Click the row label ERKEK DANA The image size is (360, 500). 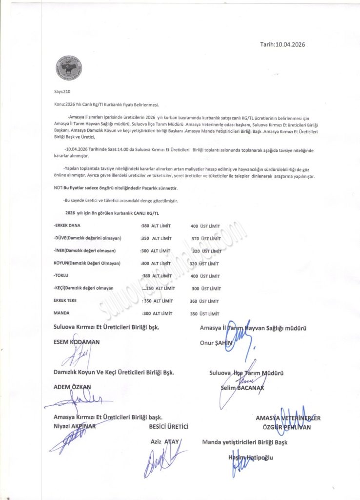click(67, 226)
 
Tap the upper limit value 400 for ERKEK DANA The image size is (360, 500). click(195, 226)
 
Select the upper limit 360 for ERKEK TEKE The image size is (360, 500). click(194, 301)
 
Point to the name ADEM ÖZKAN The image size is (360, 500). click(72, 387)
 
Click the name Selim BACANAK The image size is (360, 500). click(243, 388)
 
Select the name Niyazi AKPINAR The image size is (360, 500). click(76, 426)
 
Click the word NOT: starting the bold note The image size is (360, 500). click(59, 188)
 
